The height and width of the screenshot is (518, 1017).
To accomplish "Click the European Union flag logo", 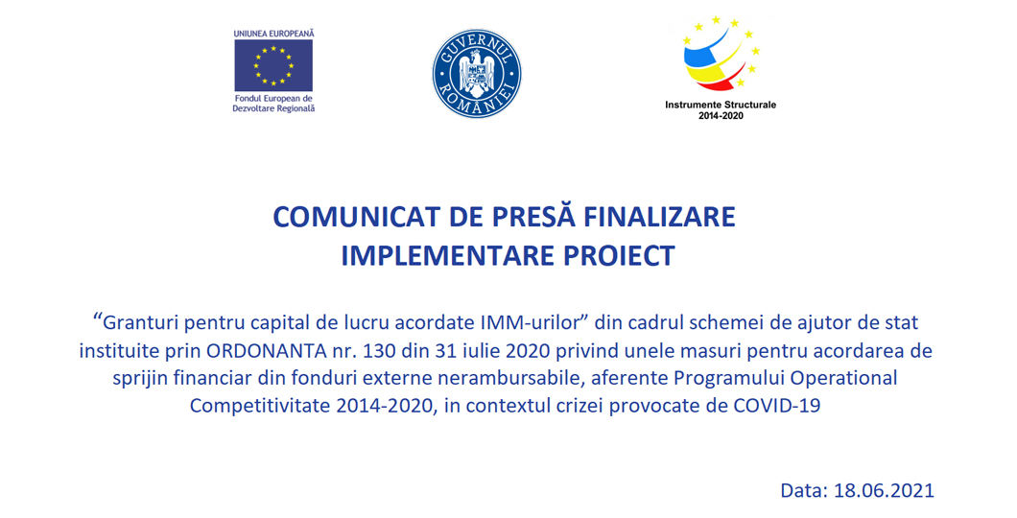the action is [273, 65].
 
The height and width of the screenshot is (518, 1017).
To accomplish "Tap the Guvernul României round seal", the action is [477, 73].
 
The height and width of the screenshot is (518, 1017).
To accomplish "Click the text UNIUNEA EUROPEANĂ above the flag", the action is [273, 33].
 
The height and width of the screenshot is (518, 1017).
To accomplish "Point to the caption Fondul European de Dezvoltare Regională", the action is [273, 104].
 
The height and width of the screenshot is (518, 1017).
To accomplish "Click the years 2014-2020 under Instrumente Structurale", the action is [721, 116].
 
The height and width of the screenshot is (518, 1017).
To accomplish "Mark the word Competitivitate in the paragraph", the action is [259, 407].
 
